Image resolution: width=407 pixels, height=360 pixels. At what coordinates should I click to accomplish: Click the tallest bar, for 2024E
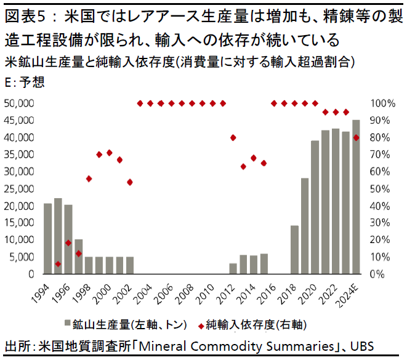tap(356, 197)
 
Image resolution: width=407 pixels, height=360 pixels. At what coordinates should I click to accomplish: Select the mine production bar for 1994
tap(47, 239)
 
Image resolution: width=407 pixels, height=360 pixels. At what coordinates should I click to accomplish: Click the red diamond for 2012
tap(233, 137)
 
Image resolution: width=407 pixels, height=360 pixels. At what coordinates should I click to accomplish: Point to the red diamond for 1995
tap(58, 264)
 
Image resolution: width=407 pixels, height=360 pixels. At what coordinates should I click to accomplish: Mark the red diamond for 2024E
tap(357, 137)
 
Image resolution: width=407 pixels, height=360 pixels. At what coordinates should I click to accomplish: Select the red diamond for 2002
tap(130, 182)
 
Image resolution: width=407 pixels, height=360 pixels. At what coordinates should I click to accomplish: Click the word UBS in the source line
tap(361, 346)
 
